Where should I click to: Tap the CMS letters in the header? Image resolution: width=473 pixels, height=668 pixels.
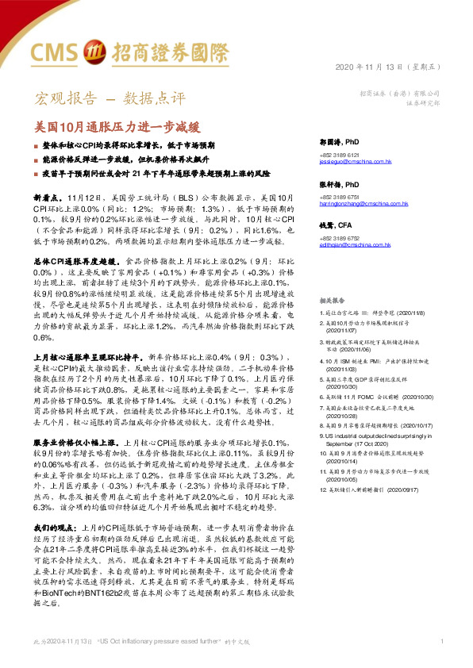(55, 52)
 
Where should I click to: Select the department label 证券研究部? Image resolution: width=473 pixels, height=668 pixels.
(423, 102)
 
